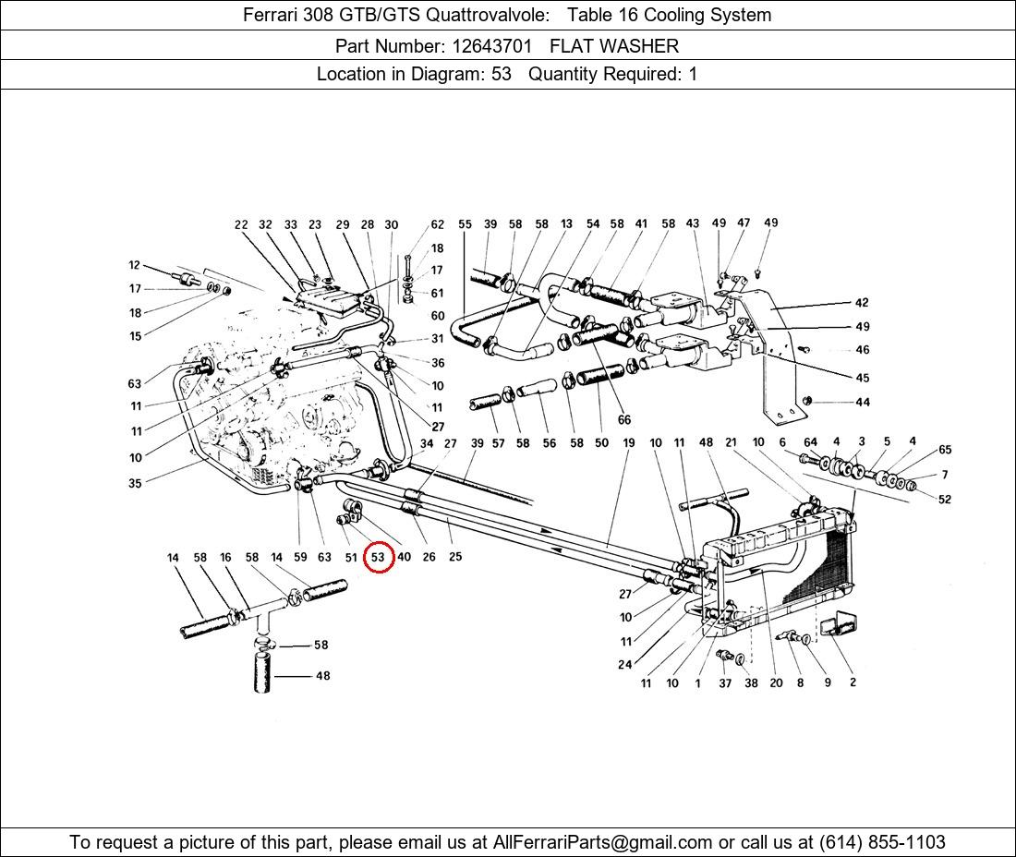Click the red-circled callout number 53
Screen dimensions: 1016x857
(x=379, y=557)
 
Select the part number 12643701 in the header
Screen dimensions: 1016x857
(x=491, y=46)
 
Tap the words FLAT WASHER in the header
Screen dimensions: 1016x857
(x=614, y=46)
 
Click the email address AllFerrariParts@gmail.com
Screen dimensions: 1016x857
(x=602, y=842)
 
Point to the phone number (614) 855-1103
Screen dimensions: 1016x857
(x=882, y=842)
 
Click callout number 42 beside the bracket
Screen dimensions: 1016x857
(x=862, y=303)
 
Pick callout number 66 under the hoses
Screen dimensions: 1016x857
(x=624, y=420)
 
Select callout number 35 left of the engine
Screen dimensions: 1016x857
(x=135, y=483)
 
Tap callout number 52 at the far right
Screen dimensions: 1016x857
(x=945, y=499)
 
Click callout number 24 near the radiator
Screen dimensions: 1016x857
(x=624, y=664)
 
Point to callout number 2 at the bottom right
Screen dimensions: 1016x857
(x=853, y=682)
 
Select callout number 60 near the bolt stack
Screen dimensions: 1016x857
(x=438, y=316)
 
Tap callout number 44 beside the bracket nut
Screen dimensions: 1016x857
(x=863, y=403)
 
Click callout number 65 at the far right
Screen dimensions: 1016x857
(x=945, y=450)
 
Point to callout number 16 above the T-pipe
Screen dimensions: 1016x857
(x=225, y=557)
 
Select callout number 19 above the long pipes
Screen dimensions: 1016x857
(x=628, y=443)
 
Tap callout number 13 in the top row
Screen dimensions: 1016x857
(x=566, y=223)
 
